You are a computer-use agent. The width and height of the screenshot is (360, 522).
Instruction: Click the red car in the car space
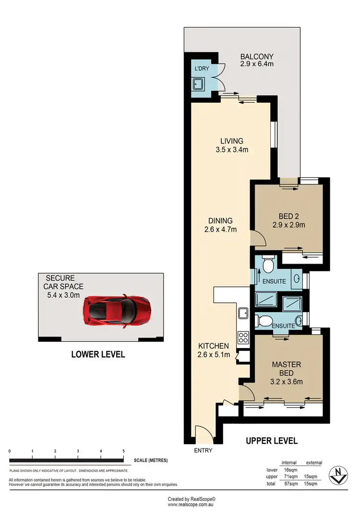117,311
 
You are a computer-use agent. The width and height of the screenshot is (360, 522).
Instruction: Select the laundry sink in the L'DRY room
198,85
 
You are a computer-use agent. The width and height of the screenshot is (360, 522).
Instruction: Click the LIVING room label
232,141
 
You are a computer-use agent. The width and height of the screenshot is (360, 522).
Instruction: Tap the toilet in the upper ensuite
269,264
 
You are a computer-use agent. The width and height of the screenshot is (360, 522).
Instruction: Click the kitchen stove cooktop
243,336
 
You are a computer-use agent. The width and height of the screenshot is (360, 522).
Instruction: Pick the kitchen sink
243,313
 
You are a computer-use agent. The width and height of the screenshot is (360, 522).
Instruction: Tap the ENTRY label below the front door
203,451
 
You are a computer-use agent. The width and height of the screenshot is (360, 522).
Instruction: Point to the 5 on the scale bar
124,451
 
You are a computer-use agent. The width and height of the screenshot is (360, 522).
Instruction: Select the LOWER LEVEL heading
98,355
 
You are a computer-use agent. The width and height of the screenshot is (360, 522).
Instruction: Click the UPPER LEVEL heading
272,440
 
